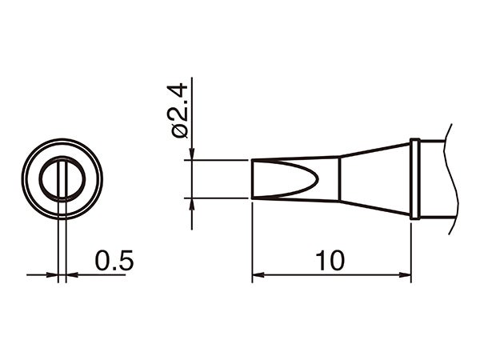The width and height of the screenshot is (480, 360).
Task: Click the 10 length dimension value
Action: point(329,260)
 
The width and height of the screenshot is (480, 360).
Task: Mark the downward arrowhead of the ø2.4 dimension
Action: point(192,154)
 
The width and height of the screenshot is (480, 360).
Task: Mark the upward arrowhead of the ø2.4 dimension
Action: point(192,203)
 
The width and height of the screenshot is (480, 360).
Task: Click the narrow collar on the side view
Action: point(414,178)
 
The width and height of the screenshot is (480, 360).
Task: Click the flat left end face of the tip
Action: point(252,178)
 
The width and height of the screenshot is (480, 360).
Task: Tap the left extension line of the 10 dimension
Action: point(252,240)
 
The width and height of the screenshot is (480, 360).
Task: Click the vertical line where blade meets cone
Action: point(339,178)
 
